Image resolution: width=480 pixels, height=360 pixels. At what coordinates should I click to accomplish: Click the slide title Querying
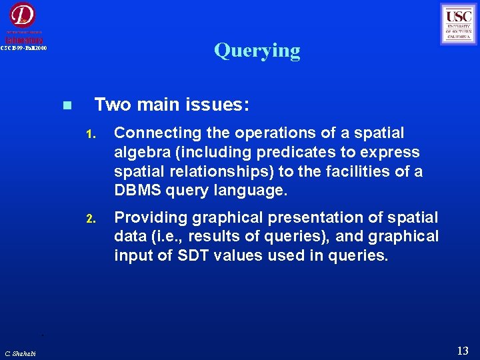coord(257,51)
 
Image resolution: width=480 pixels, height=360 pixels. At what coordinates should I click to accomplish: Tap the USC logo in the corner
coord(459,24)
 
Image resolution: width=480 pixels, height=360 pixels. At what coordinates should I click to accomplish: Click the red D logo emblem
coord(23,15)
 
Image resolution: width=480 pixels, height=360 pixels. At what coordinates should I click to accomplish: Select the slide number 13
coord(463,351)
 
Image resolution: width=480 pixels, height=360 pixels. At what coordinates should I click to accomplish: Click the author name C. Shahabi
coord(21,353)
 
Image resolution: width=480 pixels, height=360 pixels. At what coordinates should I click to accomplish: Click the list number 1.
coord(93,134)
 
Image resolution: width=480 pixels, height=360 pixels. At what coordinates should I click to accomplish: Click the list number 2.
coord(93,219)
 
